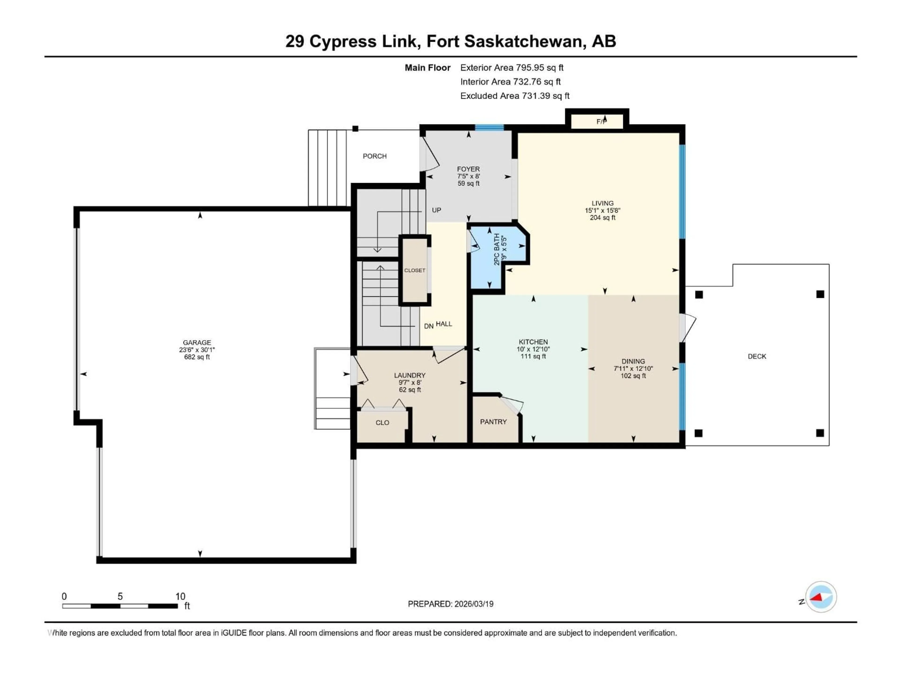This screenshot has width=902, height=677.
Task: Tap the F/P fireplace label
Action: [602, 121]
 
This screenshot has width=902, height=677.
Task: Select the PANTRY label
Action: [494, 421]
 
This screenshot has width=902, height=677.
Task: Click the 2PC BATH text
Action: [497, 249]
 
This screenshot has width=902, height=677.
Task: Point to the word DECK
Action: [757, 356]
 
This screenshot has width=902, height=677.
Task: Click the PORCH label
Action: [374, 156]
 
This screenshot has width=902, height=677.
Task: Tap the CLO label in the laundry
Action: [382, 422]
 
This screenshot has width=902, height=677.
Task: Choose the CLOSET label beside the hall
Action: [415, 270]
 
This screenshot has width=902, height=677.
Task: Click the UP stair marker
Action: [436, 210]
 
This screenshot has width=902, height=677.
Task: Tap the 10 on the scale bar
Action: [180, 596]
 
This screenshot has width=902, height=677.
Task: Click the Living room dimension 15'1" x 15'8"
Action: [602, 211]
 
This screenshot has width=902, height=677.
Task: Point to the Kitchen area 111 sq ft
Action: [533, 356]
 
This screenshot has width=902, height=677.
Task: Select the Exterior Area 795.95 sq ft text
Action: [512, 68]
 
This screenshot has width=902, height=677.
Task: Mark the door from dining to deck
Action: [688, 327]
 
